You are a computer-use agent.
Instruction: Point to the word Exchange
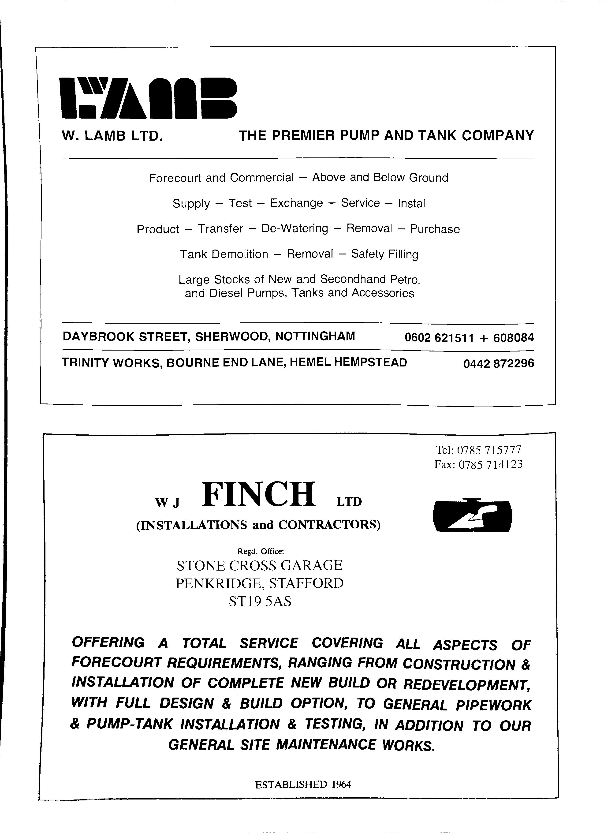tap(296, 203)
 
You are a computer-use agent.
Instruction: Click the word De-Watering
tap(295, 228)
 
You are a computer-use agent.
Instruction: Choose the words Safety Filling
tap(384, 254)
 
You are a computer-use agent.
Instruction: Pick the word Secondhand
tap(352, 280)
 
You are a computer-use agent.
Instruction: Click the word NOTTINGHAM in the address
tap(315, 336)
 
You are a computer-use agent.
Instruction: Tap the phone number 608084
tap(513, 337)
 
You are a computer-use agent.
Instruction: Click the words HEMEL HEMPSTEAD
tap(348, 362)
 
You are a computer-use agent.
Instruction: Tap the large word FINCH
tap(258, 494)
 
